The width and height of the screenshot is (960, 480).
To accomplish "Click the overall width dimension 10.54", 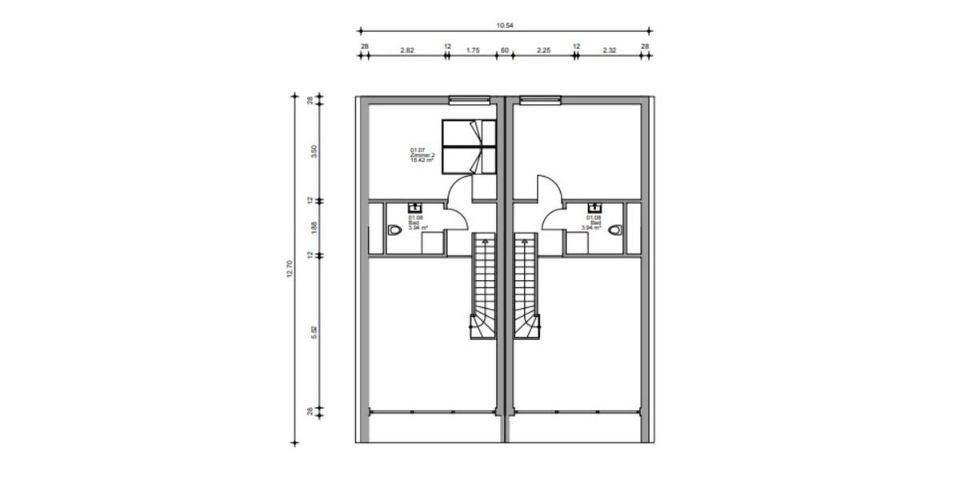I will coord(505,26).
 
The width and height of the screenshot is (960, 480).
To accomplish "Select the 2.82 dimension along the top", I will coord(406,50).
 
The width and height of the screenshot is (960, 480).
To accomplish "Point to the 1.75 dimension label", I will coord(472,50).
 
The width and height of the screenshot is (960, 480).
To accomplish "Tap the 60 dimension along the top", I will coord(505,50).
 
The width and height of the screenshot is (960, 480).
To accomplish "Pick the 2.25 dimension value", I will coord(543,50).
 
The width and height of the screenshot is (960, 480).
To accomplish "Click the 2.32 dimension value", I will coord(610,50).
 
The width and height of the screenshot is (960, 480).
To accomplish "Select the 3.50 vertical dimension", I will coord(314,150).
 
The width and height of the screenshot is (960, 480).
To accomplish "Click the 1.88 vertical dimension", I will coord(314,228).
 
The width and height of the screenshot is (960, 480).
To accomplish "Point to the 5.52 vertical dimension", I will coord(314,332).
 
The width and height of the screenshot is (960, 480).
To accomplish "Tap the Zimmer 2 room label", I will coord(422,154).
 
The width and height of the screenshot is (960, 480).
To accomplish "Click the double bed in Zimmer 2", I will coord(469,146).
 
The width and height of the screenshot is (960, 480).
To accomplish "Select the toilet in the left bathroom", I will coord(394,230).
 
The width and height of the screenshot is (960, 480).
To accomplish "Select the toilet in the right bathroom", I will coord(614,230).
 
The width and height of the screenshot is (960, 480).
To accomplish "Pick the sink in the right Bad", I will coord(594,209).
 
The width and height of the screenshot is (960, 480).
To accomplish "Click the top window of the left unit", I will coord(469,101).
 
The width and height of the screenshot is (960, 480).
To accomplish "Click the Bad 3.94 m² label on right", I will coord(593,222).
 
